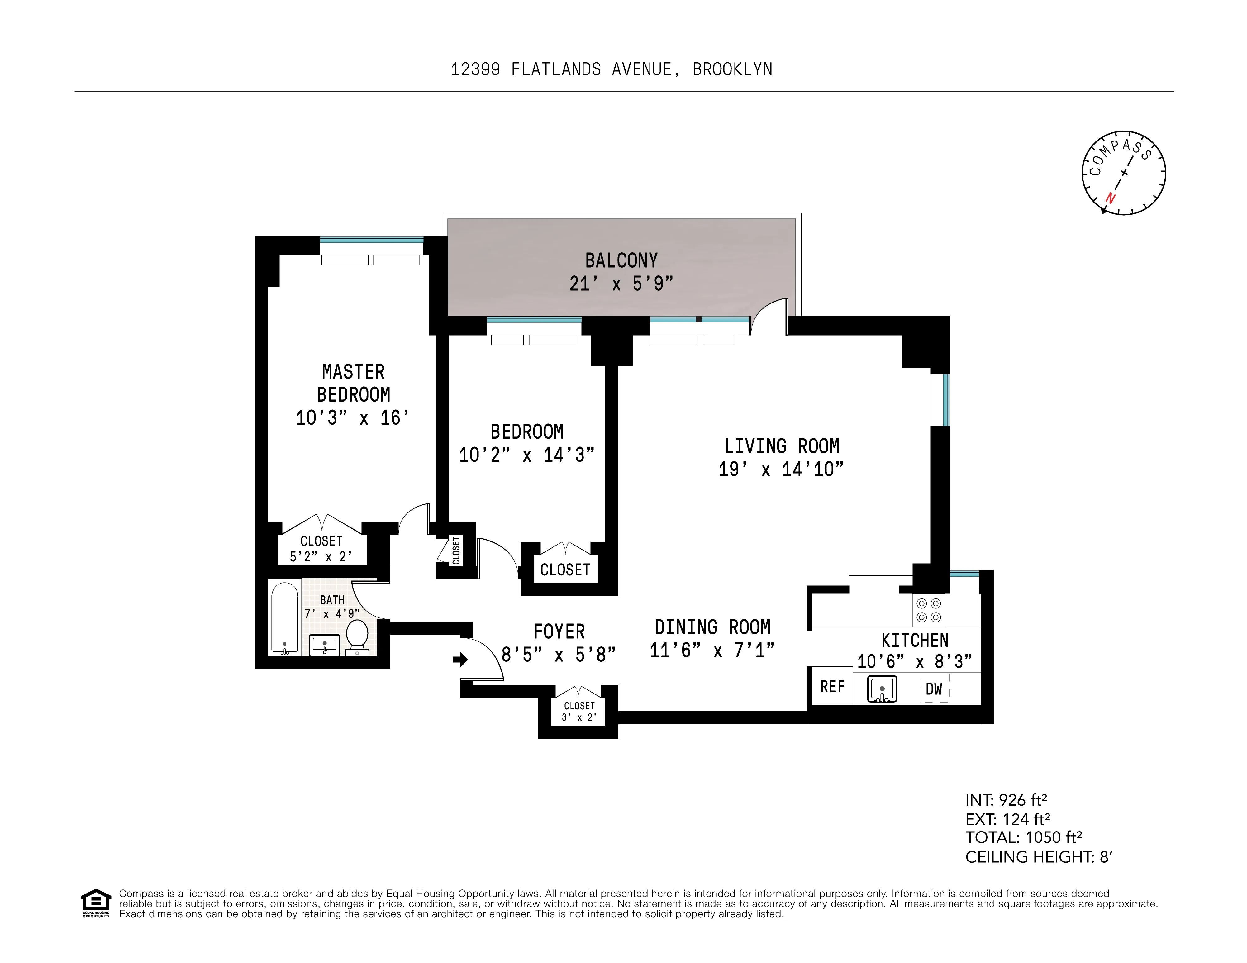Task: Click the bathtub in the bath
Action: [284, 617]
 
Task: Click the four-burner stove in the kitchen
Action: [928, 610]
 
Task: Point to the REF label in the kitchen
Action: [832, 687]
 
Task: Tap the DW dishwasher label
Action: [934, 689]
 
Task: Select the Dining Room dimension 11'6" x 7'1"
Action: [712, 650]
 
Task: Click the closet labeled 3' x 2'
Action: [579, 712]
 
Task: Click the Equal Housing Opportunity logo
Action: [96, 903]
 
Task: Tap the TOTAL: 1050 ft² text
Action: [1023, 837]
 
